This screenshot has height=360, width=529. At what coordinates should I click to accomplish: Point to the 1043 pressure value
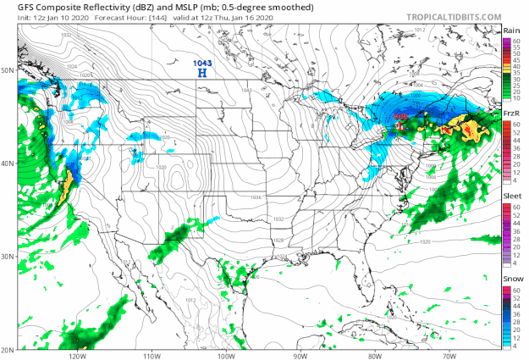click(202, 62)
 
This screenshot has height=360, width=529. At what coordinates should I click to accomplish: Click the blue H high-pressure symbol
click(201, 74)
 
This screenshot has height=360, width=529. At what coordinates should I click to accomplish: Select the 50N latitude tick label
click(8, 70)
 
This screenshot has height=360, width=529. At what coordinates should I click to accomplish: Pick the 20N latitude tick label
click(8, 350)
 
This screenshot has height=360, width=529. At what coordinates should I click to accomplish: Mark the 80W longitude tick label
click(374, 356)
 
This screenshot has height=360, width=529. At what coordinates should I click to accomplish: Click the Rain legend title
click(510, 30)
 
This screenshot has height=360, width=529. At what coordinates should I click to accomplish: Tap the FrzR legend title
click(510, 113)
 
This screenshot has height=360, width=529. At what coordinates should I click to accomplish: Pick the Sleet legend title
click(510, 196)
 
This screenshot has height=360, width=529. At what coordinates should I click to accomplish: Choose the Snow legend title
click(510, 277)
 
